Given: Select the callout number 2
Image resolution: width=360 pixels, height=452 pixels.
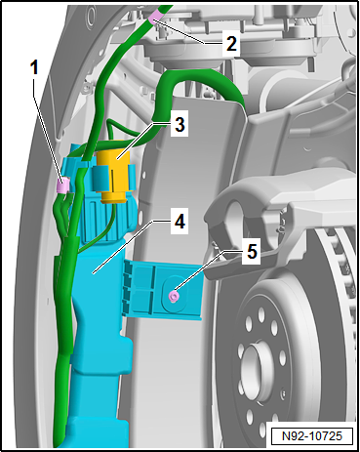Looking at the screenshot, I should coord(231,42).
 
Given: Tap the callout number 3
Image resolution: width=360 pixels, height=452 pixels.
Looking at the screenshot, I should coord(180,125).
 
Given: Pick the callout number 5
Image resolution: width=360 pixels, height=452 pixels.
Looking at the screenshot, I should coord(251,251).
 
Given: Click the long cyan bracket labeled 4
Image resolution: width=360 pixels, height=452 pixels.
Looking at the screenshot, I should coord(96,322).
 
